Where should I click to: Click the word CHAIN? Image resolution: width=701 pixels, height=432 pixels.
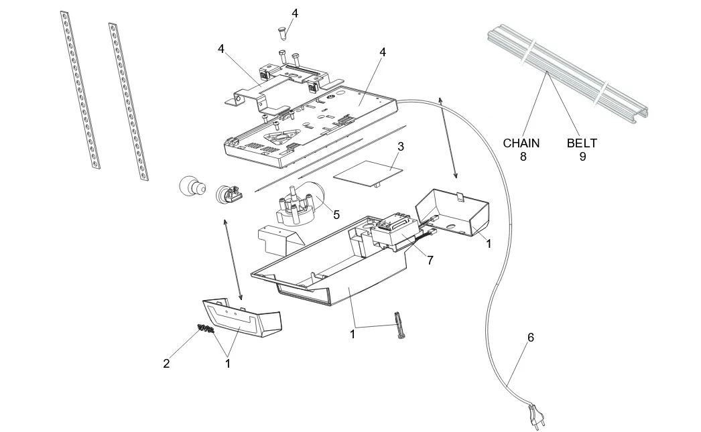click(x=521, y=143)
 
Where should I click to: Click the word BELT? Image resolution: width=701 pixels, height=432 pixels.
click(x=582, y=143)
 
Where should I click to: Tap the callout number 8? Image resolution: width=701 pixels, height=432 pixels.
click(x=523, y=157)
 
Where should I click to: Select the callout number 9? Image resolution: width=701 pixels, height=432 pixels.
click(x=582, y=157)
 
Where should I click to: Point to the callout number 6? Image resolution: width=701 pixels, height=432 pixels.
click(x=531, y=338)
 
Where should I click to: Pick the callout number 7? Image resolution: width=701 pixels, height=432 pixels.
click(x=430, y=260)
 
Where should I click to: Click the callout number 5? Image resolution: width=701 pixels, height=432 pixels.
click(x=336, y=215)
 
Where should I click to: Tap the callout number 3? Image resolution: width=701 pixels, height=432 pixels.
click(x=400, y=146)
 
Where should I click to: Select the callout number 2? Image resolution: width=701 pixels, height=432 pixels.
click(x=166, y=364)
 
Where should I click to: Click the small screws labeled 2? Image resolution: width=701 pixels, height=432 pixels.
click(x=206, y=328)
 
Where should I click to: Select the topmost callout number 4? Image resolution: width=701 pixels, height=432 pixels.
click(x=295, y=13)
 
